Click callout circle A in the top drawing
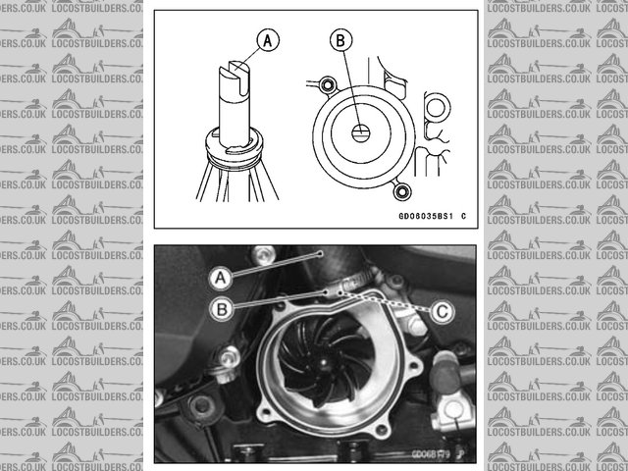pyautogui.click(x=267, y=40)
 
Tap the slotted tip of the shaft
pyautogui.click(x=235, y=73)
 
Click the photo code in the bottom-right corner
pyautogui.click(x=430, y=453)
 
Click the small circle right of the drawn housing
pyautogui.click(x=433, y=106)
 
